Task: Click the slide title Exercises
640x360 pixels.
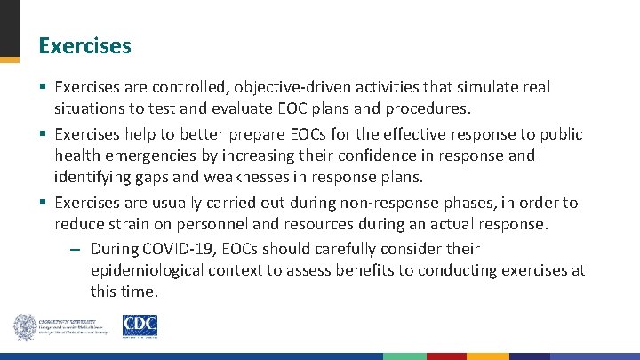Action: pos(85,45)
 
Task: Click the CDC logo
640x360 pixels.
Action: pos(140,326)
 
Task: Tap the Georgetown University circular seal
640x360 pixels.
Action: pos(26,327)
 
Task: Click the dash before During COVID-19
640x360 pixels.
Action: pos(76,249)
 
